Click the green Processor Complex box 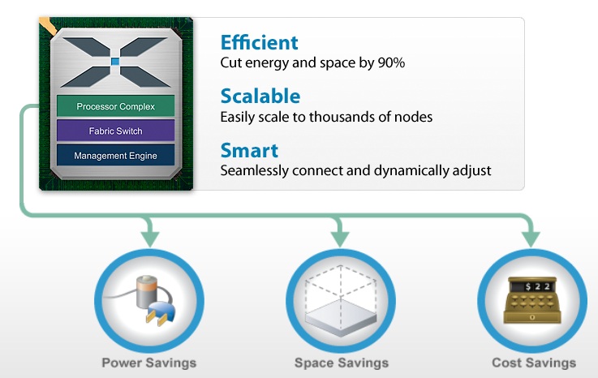tap(115, 106)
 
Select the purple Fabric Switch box tap(115, 131)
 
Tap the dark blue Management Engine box tap(115, 155)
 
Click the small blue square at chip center tap(115, 62)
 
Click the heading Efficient tap(259, 42)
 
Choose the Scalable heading tap(260, 96)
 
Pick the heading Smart tap(248, 150)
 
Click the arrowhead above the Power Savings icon tap(149, 238)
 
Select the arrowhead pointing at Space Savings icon tap(340, 238)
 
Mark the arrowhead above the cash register tap(531, 238)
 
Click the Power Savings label tap(148, 363)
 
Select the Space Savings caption tap(341, 363)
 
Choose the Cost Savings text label tap(533, 363)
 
